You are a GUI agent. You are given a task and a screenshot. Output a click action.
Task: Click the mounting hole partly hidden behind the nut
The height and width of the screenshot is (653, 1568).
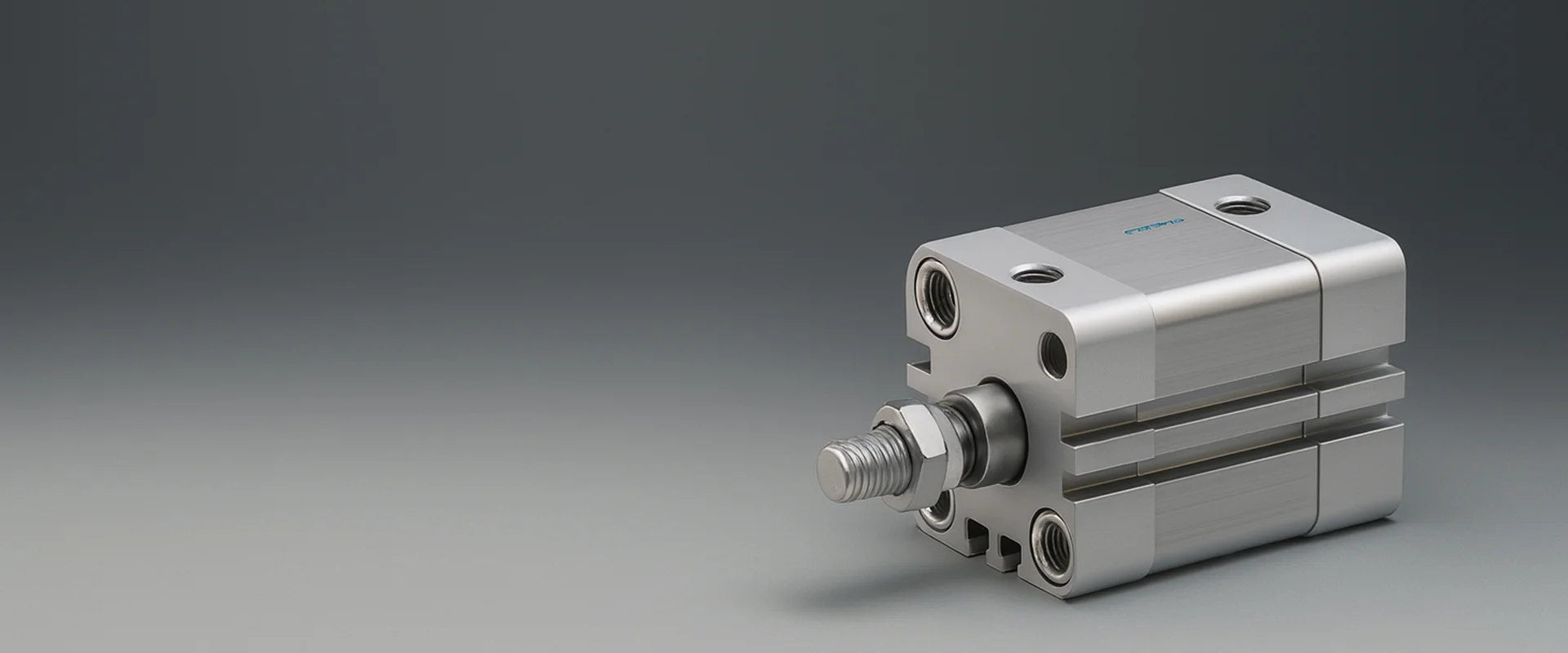tap(935, 513)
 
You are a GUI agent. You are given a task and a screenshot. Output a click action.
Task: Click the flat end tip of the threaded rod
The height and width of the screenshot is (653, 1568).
tap(835, 469)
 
